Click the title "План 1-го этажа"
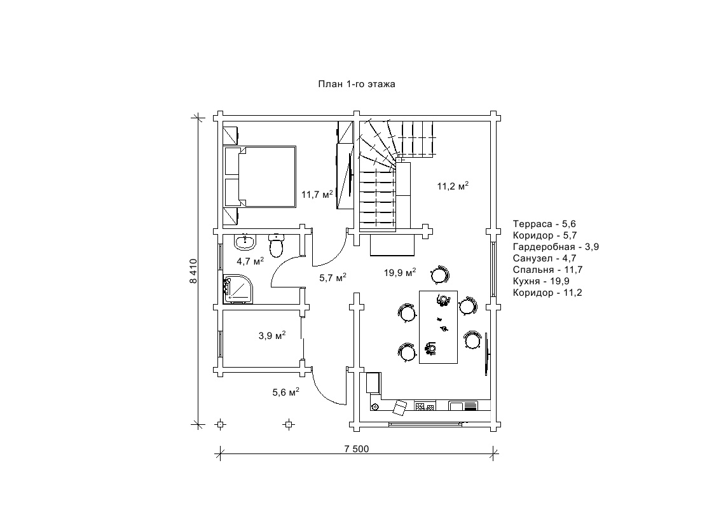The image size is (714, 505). pyautogui.click(x=357, y=84)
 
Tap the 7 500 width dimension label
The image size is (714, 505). pyautogui.click(x=356, y=448)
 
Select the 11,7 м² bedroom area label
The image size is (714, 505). pyautogui.click(x=317, y=194)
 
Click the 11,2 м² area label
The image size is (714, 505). pyautogui.click(x=453, y=186)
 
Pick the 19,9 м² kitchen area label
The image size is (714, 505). pyautogui.click(x=400, y=273)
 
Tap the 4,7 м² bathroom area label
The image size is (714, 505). pyautogui.click(x=250, y=261)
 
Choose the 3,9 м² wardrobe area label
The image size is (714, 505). pyautogui.click(x=271, y=336)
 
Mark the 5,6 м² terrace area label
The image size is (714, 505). pyautogui.click(x=285, y=392)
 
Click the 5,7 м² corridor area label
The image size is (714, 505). pyautogui.click(x=333, y=277)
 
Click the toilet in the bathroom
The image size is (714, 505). pyautogui.click(x=276, y=245)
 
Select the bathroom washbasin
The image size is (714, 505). pyautogui.click(x=245, y=242)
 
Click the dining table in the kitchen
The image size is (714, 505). pyautogui.click(x=439, y=327)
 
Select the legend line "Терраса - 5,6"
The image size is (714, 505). pyautogui.click(x=544, y=224)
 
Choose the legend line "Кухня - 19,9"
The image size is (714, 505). pyautogui.click(x=540, y=281)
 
